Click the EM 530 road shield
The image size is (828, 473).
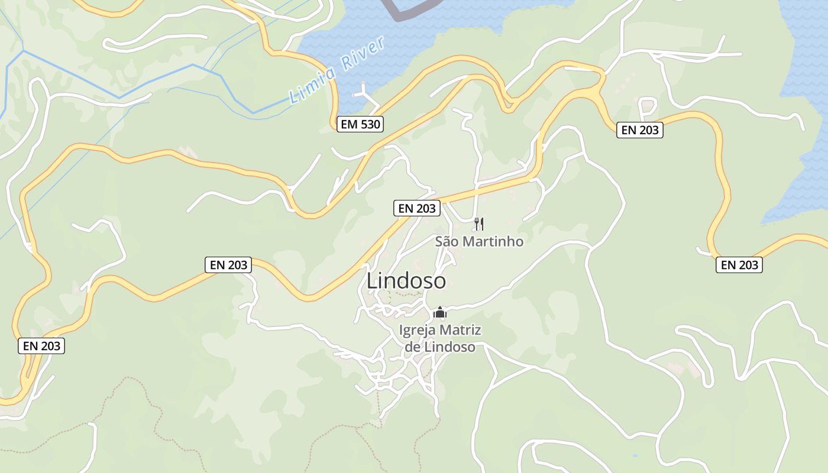(360, 124)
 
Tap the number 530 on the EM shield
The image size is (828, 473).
(368, 124)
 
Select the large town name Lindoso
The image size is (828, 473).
(406, 281)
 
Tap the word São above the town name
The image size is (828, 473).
(447, 241)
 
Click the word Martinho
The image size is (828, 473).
(492, 241)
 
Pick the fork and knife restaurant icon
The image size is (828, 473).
(479, 223)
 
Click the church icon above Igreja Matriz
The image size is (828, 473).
(440, 312)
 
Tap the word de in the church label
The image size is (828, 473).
(412, 346)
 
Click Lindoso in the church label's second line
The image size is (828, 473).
(449, 346)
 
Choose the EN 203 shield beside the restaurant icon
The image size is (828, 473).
(417, 208)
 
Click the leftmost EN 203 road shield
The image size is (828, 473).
(42, 346)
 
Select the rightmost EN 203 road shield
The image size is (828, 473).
(739, 265)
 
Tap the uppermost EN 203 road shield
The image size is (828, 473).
(640, 130)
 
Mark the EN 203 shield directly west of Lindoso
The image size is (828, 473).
(229, 265)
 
